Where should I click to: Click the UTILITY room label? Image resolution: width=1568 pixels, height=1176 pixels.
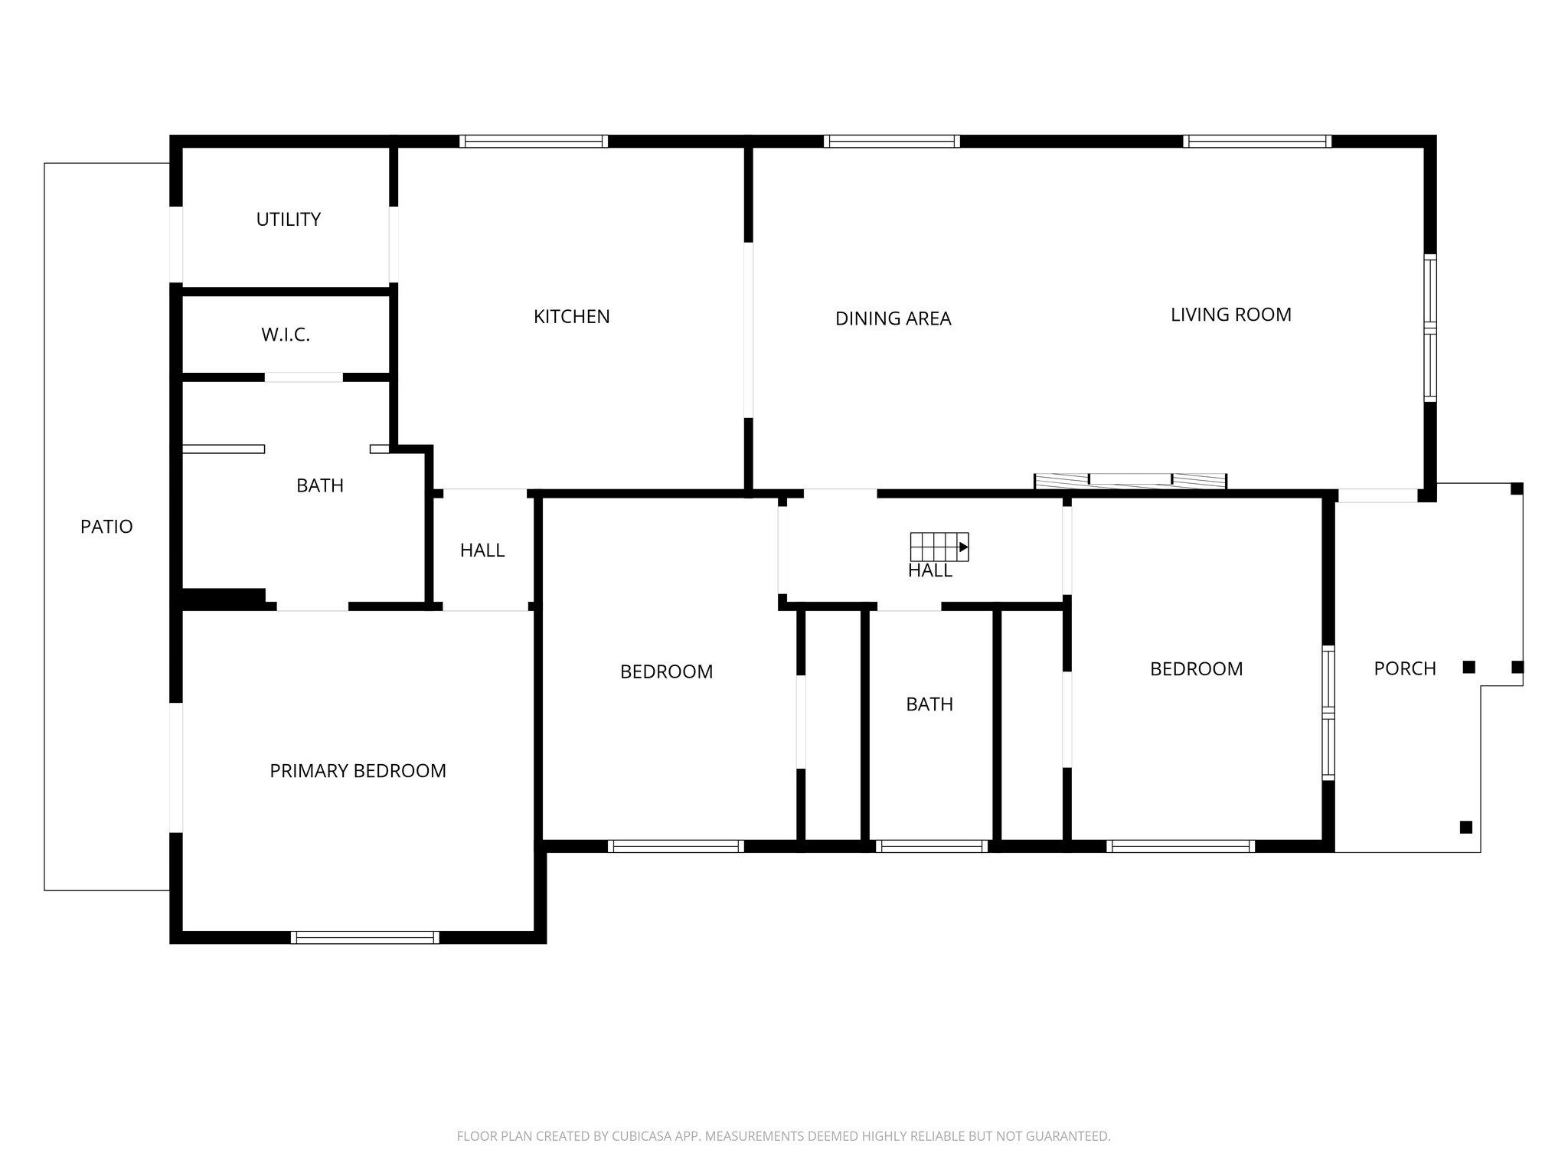click(x=288, y=220)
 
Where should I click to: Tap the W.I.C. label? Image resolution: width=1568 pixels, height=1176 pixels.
click(x=286, y=335)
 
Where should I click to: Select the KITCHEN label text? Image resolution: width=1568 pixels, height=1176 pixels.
click(x=571, y=316)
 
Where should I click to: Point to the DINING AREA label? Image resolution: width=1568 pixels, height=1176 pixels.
click(x=893, y=318)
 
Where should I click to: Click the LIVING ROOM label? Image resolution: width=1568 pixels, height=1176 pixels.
click(x=1230, y=315)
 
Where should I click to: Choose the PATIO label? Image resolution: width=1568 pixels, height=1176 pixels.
click(x=106, y=527)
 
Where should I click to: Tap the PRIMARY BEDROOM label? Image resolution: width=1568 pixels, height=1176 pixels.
click(x=358, y=771)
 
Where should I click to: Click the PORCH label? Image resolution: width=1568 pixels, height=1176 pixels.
click(x=1404, y=668)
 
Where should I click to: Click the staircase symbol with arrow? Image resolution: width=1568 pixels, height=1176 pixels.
click(x=939, y=547)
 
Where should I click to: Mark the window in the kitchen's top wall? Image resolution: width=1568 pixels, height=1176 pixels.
click(x=534, y=141)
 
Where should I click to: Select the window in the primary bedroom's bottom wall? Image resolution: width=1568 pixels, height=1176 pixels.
click(x=364, y=937)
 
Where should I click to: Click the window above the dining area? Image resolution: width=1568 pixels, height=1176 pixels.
click(x=892, y=141)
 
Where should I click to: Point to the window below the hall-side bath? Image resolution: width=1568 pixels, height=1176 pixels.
click(x=931, y=846)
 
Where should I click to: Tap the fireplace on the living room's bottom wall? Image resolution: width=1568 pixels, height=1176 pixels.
click(x=1130, y=481)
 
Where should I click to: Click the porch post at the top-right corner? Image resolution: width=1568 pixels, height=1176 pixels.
click(x=1516, y=488)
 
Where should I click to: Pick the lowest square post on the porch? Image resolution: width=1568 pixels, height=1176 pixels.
click(x=1465, y=827)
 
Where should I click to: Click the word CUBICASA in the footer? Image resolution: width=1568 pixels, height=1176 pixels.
click(x=642, y=1136)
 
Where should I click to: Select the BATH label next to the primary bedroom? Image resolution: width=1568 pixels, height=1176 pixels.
click(x=319, y=485)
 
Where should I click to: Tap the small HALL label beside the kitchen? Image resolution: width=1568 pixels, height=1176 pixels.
click(x=482, y=550)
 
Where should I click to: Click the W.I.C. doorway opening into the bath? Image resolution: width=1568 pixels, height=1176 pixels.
click(x=303, y=377)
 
